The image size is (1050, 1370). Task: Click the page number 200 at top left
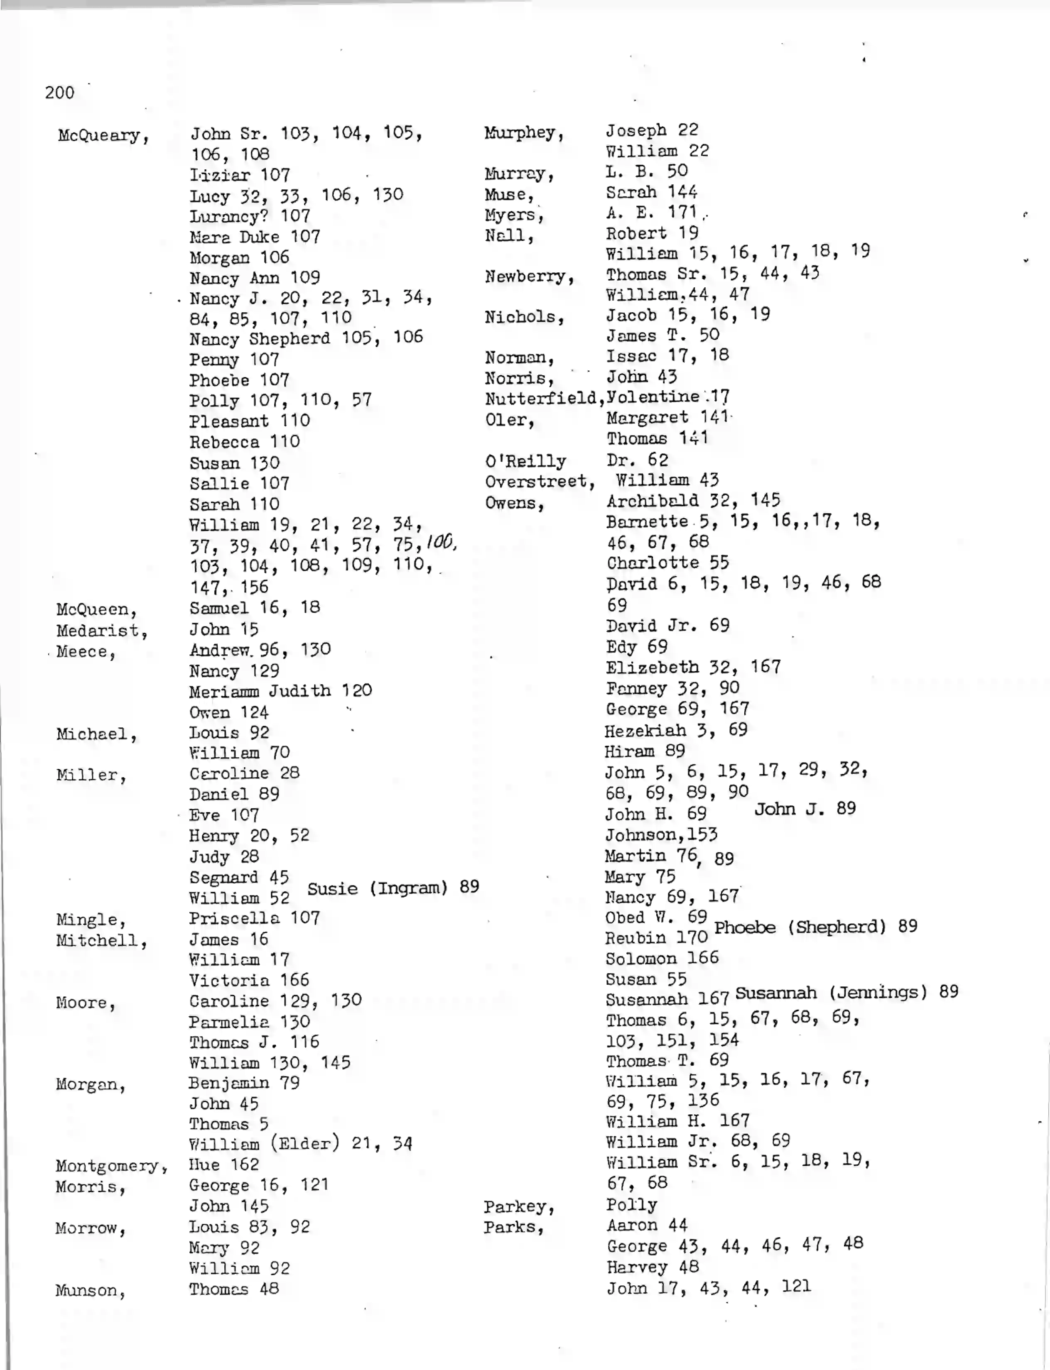(x=59, y=93)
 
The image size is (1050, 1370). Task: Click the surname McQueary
(x=103, y=135)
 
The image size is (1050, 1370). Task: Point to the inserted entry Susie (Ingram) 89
(x=393, y=888)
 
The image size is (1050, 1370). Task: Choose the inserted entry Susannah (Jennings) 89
(x=846, y=992)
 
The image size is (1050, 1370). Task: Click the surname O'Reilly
(x=526, y=461)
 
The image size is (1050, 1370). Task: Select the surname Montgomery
(x=110, y=1166)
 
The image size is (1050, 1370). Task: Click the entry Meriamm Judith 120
(x=280, y=690)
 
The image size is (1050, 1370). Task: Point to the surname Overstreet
(x=539, y=482)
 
